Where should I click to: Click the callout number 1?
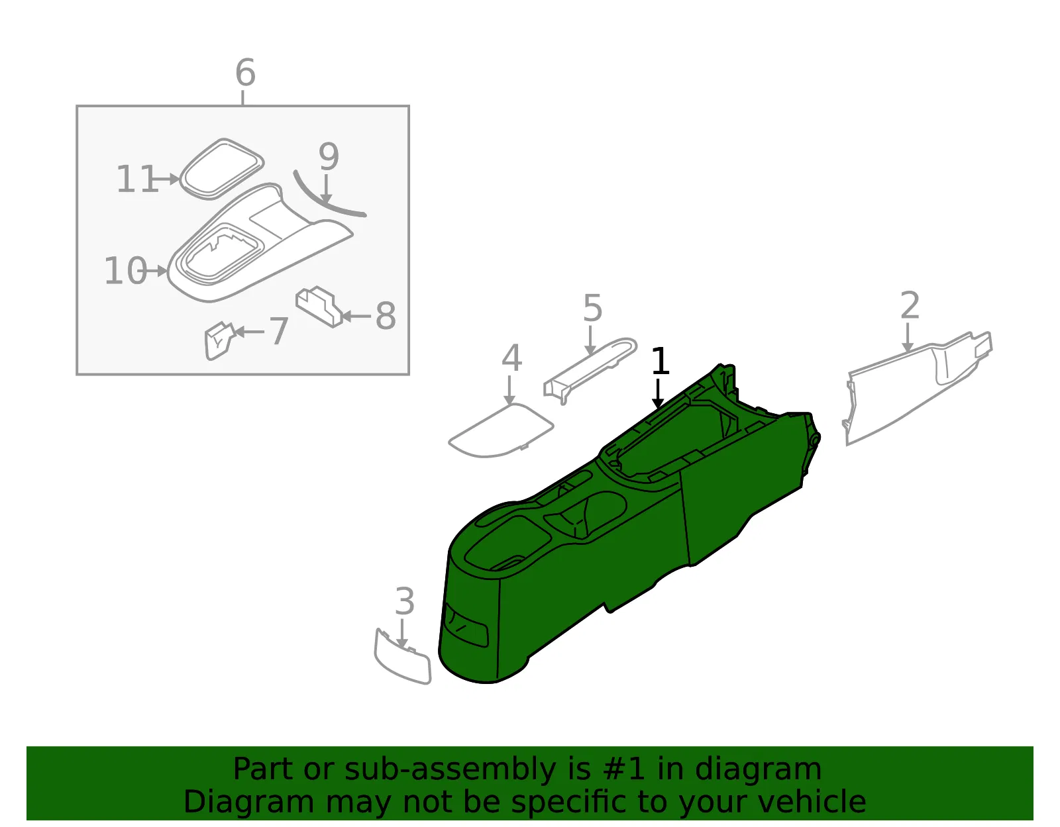[x=660, y=361]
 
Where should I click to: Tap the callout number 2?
[x=910, y=305]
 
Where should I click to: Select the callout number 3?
[x=404, y=601]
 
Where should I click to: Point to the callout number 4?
[x=511, y=358]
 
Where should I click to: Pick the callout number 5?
[x=593, y=307]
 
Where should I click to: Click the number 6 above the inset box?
[x=245, y=72]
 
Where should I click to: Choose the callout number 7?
[x=278, y=331]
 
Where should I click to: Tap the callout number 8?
[x=386, y=315]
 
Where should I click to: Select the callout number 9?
[x=329, y=156]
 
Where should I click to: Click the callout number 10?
[x=125, y=270]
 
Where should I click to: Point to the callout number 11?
[x=137, y=178]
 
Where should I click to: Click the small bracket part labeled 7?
[x=219, y=341]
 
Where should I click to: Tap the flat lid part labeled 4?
[x=500, y=431]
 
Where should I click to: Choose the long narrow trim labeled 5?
[x=590, y=369]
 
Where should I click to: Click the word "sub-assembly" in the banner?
[x=449, y=769]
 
